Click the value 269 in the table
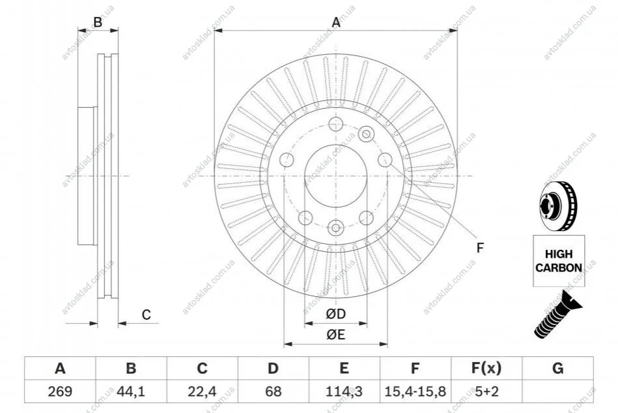[60, 391]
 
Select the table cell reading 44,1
[131, 391]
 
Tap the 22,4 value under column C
[202, 391]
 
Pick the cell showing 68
[273, 391]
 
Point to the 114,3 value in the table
[344, 391]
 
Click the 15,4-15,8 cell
[415, 391]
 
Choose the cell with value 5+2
[486, 391]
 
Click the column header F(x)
[486, 368]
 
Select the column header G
[557, 368]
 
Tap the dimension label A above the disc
[336, 22]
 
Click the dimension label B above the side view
[98, 22]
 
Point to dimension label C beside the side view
[147, 314]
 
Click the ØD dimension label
[336, 314]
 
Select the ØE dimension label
[336, 335]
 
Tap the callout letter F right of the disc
[480, 248]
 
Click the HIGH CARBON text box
[559, 260]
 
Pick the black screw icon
[557, 314]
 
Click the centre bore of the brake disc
[336, 176]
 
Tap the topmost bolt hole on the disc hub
[335, 123]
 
